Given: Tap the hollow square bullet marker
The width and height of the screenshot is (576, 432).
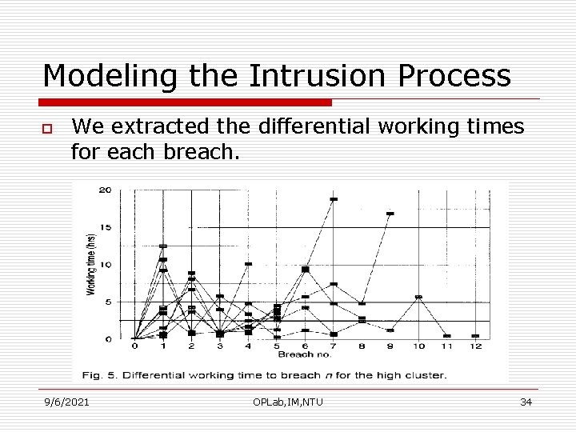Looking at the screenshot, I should pyautogui.click(x=48, y=129).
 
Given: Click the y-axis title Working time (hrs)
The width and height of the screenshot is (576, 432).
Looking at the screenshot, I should pyautogui.click(x=90, y=264).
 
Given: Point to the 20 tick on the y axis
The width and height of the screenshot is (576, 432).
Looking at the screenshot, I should pyautogui.click(x=105, y=190).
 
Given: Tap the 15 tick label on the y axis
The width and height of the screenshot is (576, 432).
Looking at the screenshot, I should pyautogui.click(x=105, y=228).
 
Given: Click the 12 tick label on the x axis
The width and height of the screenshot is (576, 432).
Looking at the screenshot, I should pyautogui.click(x=475, y=346).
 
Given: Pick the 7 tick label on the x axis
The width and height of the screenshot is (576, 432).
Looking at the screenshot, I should pyautogui.click(x=333, y=346).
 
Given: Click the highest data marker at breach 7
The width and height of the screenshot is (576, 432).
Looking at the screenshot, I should pyautogui.click(x=334, y=199).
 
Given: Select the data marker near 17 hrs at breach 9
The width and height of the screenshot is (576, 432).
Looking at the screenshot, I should pyautogui.click(x=390, y=214).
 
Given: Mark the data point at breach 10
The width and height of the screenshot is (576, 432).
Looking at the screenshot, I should pyautogui.click(x=418, y=297).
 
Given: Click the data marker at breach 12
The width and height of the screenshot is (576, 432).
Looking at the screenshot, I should pyautogui.click(x=475, y=336).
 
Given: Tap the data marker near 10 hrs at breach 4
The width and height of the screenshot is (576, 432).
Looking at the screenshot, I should pyautogui.click(x=248, y=264).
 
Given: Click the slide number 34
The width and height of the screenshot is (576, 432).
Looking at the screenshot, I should pyautogui.click(x=526, y=402).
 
